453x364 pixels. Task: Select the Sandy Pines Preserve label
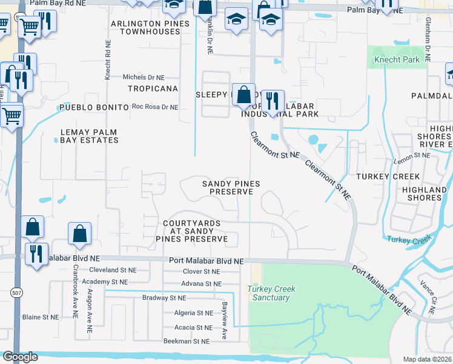click(x=231, y=187)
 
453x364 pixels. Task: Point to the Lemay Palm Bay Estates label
click(x=89, y=136)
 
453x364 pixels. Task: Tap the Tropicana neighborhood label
click(x=153, y=89)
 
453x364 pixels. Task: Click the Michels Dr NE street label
click(x=144, y=78)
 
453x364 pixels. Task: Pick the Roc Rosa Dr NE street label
click(x=155, y=107)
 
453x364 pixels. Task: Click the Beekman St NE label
click(x=187, y=342)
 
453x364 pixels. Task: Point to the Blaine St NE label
click(x=41, y=317)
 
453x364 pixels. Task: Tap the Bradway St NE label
click(x=164, y=298)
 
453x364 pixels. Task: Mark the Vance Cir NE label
click(x=432, y=301)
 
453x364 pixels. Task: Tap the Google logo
click(x=20, y=357)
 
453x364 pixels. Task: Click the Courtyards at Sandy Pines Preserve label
click(x=195, y=231)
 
